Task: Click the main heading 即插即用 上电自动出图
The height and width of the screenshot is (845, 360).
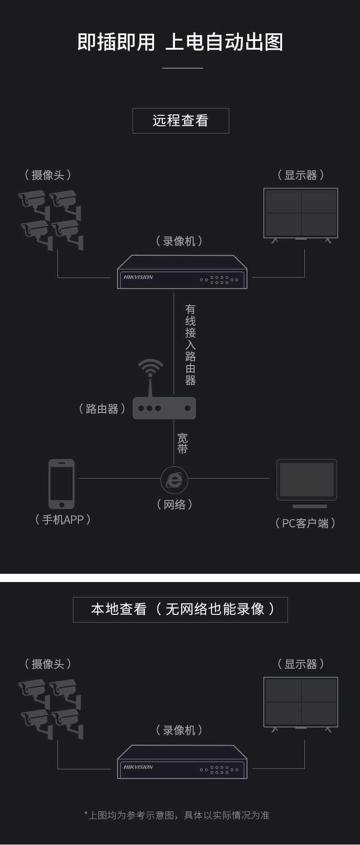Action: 180,42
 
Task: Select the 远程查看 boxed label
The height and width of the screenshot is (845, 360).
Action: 180,121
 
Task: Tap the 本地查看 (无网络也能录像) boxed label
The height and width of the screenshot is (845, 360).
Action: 180,609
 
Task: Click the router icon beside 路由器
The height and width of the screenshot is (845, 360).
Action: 164,408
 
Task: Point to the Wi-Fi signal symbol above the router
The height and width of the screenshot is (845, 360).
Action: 150,367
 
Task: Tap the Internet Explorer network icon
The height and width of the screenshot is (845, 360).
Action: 174,479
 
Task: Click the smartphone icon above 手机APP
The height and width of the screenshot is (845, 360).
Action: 62,484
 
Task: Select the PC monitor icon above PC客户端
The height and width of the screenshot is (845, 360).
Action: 307,481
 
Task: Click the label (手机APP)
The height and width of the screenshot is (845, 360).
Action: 63,520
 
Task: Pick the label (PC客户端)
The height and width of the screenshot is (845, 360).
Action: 305,523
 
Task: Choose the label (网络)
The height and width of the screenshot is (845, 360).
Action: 175,505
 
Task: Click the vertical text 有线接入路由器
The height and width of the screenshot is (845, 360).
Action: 190,345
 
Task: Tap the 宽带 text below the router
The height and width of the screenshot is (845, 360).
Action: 182,443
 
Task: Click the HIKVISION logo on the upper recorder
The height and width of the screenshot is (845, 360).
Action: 138,277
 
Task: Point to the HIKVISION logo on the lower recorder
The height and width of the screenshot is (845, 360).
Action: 138,767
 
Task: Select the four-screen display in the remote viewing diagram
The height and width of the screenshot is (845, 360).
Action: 301,213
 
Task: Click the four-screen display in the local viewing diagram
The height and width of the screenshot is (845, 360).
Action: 301,702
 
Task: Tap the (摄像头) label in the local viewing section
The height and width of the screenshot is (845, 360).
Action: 48,664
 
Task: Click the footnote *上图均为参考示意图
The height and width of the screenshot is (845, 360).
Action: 177,815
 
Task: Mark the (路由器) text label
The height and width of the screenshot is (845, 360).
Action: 102,409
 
